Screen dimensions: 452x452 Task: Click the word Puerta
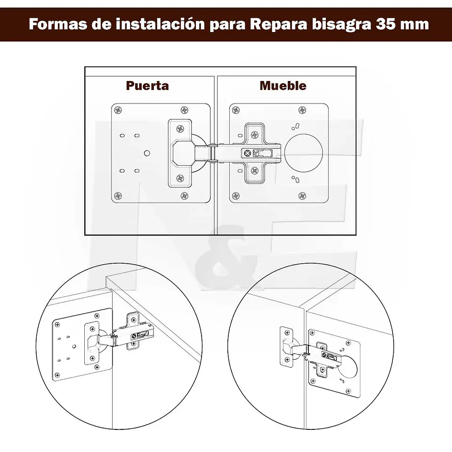pyautogui.click(x=147, y=86)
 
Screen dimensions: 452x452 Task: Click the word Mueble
pyautogui.click(x=283, y=86)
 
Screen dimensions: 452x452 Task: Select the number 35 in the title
pyautogui.click(x=385, y=24)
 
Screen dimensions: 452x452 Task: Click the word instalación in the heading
pyautogui.click(x=160, y=24)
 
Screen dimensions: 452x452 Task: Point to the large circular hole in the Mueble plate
pyautogui.click(x=304, y=153)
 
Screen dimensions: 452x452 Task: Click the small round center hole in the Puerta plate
pyautogui.click(x=147, y=153)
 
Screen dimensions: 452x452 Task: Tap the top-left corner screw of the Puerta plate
pyautogui.click(x=118, y=110)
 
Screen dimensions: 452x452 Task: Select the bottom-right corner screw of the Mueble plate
pyautogui.click(x=302, y=196)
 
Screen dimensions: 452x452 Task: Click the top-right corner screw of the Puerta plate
pyautogui.click(x=184, y=110)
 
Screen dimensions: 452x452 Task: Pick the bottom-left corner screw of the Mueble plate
pyautogui.click(x=236, y=196)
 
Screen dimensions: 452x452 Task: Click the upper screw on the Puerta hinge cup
pyautogui.click(x=180, y=129)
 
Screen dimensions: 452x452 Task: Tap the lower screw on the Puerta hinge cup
pyautogui.click(x=180, y=178)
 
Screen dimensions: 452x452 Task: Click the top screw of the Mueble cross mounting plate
pyautogui.click(x=255, y=135)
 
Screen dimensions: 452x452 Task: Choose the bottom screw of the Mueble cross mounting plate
pyautogui.click(x=255, y=171)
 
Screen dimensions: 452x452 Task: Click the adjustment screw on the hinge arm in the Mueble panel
pyautogui.click(x=247, y=153)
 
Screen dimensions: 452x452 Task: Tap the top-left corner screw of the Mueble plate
pyautogui.click(x=236, y=110)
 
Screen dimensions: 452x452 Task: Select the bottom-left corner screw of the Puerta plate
pyautogui.click(x=118, y=196)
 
